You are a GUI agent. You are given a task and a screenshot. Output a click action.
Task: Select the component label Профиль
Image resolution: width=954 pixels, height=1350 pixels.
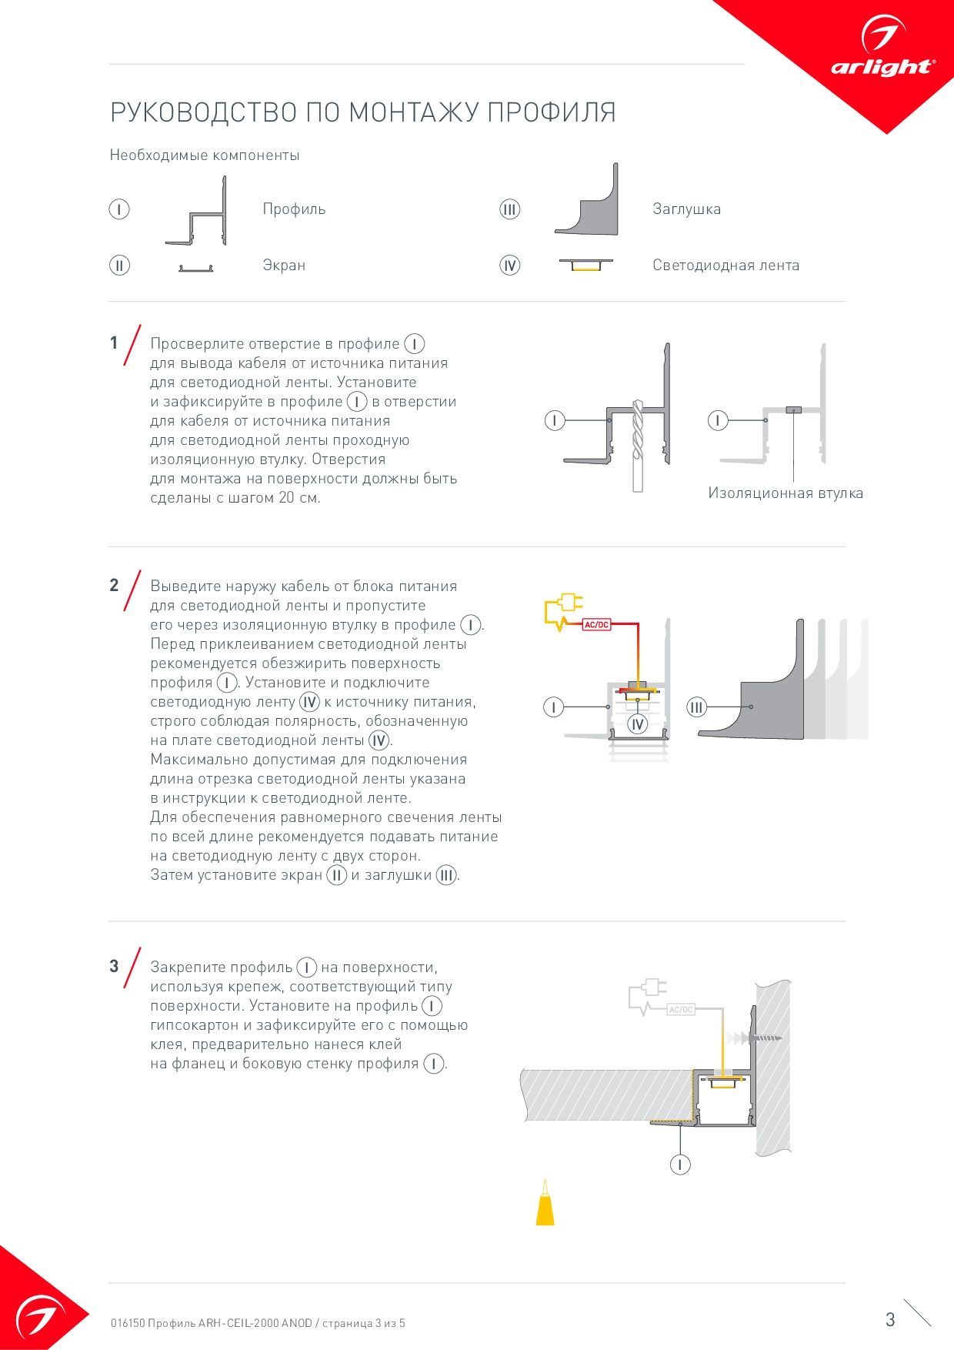point(294,209)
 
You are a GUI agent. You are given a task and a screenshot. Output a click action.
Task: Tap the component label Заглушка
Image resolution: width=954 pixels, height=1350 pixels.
point(686,209)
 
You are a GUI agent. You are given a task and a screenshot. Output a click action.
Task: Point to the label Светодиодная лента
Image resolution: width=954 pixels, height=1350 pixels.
point(726,266)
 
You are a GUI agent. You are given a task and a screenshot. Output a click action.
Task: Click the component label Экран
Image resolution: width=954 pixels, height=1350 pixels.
point(284,266)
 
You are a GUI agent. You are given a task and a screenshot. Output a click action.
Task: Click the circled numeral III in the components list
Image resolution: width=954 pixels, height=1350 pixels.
point(509,209)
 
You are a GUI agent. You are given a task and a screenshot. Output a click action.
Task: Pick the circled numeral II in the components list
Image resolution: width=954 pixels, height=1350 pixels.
point(119,266)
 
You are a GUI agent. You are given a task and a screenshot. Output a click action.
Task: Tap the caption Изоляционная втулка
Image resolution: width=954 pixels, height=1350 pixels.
point(786,493)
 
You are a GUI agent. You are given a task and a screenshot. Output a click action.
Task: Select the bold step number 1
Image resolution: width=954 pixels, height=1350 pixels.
point(114,343)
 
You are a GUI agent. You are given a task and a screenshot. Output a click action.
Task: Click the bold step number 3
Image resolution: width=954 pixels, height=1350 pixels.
point(114,967)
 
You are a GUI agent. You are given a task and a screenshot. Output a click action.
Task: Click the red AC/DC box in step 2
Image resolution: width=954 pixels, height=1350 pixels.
point(597,625)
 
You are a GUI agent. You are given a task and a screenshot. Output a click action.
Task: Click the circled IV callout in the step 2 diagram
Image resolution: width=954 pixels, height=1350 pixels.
point(637,724)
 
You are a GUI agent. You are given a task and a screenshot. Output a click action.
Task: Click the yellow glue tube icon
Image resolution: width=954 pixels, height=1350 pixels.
point(545,1201)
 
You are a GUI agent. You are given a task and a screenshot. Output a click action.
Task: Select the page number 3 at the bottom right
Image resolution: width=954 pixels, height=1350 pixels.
point(890,1320)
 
